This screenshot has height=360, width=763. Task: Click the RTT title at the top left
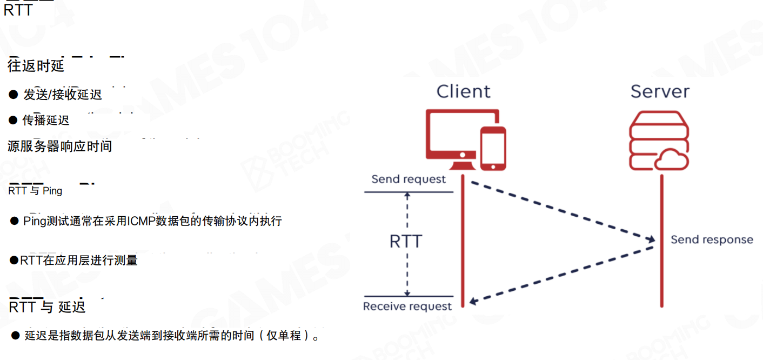point(18,10)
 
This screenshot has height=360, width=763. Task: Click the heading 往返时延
point(36,66)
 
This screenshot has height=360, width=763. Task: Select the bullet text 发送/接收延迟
point(62,95)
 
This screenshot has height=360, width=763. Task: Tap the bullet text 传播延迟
point(46,120)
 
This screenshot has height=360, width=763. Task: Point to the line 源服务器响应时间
point(59,146)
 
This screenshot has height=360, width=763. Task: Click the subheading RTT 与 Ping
point(35,191)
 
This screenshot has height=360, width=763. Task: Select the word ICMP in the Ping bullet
point(141,221)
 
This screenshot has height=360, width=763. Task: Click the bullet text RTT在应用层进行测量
point(79,261)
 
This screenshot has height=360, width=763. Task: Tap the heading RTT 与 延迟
point(48,307)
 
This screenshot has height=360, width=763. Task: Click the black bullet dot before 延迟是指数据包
point(15,336)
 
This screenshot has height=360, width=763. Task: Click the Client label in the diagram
point(464,91)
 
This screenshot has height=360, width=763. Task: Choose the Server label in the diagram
point(660,91)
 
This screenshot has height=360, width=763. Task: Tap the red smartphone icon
point(493,148)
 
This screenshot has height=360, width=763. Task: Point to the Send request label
point(409,179)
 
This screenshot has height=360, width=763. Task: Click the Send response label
point(712,239)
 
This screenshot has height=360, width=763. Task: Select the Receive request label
point(407,306)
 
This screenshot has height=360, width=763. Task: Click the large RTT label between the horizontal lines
point(406,241)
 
